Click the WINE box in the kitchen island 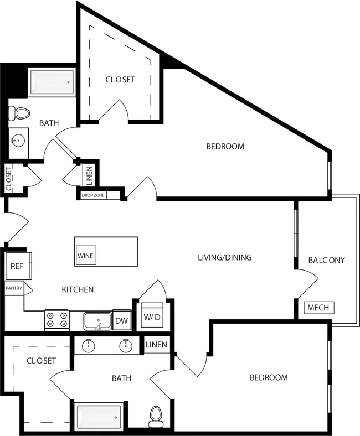[85, 256]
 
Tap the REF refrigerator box [17, 266]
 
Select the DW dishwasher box [121, 320]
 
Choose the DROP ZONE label [93, 195]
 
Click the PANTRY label [14, 288]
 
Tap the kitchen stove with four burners [56, 320]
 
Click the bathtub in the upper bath [52, 82]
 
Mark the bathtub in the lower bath [99, 416]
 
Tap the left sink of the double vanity [89, 346]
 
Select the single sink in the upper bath [19, 140]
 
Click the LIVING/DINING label [225, 257]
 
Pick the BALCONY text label [326, 260]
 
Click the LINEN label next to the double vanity [156, 345]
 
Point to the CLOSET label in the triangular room [120, 80]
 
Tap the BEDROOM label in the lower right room [269, 377]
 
